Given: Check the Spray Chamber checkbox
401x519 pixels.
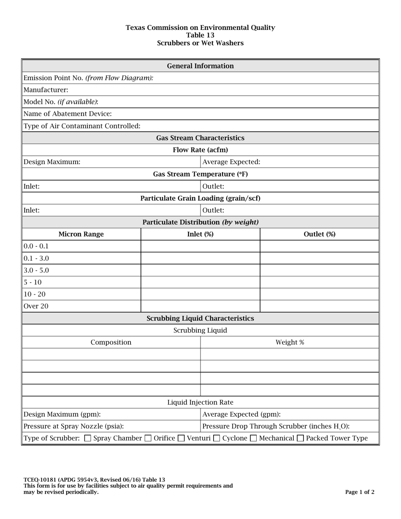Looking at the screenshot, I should pyautogui.click(x=88, y=438).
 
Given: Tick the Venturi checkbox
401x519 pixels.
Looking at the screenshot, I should pyautogui.click(x=181, y=438).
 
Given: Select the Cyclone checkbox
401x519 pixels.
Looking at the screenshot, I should pyautogui.click(x=217, y=438).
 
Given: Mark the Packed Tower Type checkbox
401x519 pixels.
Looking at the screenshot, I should pyautogui.click(x=300, y=438).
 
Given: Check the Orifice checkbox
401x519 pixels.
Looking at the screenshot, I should pyautogui.click(x=148, y=438).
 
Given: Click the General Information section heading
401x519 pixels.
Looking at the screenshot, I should pyautogui.click(x=200, y=66).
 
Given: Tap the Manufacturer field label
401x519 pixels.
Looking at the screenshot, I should pyautogui.click(x=46, y=90).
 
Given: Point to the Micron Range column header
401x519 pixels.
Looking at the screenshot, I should pyautogui.click(x=81, y=234).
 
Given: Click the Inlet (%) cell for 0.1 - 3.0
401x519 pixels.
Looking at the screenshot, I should pyautogui.click(x=200, y=258).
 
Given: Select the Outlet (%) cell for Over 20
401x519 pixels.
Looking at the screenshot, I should pyautogui.click(x=319, y=306).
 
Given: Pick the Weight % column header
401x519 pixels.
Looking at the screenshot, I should pyautogui.click(x=290, y=342).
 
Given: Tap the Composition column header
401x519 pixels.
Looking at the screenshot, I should pyautogui.click(x=111, y=342).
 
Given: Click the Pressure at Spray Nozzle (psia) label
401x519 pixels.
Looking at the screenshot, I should pyautogui.click(x=74, y=426).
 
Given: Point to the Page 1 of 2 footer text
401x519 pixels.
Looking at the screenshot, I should pyautogui.click(x=360, y=492).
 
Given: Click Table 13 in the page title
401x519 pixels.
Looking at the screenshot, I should pyautogui.click(x=200, y=35).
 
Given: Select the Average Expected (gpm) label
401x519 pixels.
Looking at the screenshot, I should pyautogui.click(x=241, y=414).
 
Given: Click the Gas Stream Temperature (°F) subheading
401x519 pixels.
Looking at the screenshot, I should pyautogui.click(x=200, y=174).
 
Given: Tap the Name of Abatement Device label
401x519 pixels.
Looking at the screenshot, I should pyautogui.click(x=68, y=114).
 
